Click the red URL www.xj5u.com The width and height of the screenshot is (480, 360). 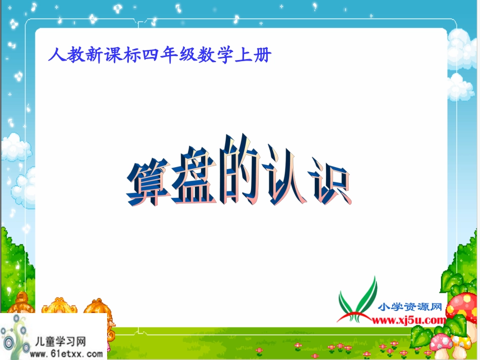(408, 320)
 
